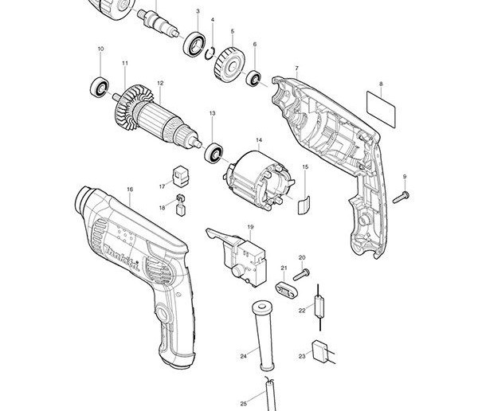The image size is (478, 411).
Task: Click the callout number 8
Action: click(381, 84)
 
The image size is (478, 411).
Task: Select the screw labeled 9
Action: click(402, 195)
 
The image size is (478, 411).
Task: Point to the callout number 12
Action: click(160, 84)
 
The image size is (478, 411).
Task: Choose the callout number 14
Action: click(258, 141)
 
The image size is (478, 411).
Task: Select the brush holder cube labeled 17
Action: click(180, 174)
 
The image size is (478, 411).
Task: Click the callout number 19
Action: click(249, 227)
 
